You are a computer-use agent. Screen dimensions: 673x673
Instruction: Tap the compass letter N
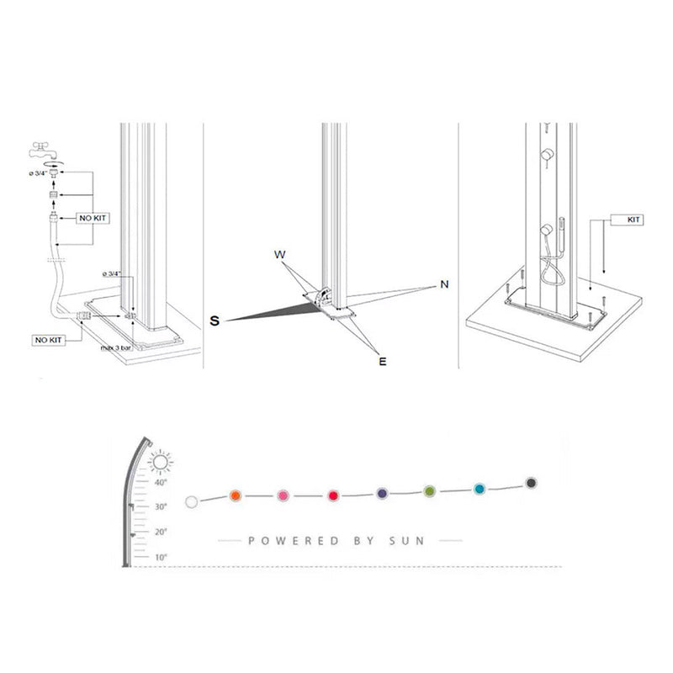(443, 284)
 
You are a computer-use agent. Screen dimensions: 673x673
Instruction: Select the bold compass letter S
(215, 321)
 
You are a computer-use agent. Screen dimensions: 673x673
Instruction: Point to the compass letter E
(382, 361)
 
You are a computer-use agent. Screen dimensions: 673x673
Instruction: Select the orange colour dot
(236, 496)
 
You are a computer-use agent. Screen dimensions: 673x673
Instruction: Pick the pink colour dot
(284, 495)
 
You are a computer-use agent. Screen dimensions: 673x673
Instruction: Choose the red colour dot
(333, 495)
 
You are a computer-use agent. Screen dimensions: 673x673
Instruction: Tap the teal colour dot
(480, 488)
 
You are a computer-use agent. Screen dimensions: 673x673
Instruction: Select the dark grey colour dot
(531, 483)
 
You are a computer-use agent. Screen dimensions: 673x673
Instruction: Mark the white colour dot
(191, 502)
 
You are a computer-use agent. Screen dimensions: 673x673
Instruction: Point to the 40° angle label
(161, 483)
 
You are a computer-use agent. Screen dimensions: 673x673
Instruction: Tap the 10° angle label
(161, 557)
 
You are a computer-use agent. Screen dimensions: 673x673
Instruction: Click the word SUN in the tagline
(405, 541)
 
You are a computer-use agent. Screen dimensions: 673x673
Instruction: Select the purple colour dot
(382, 492)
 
